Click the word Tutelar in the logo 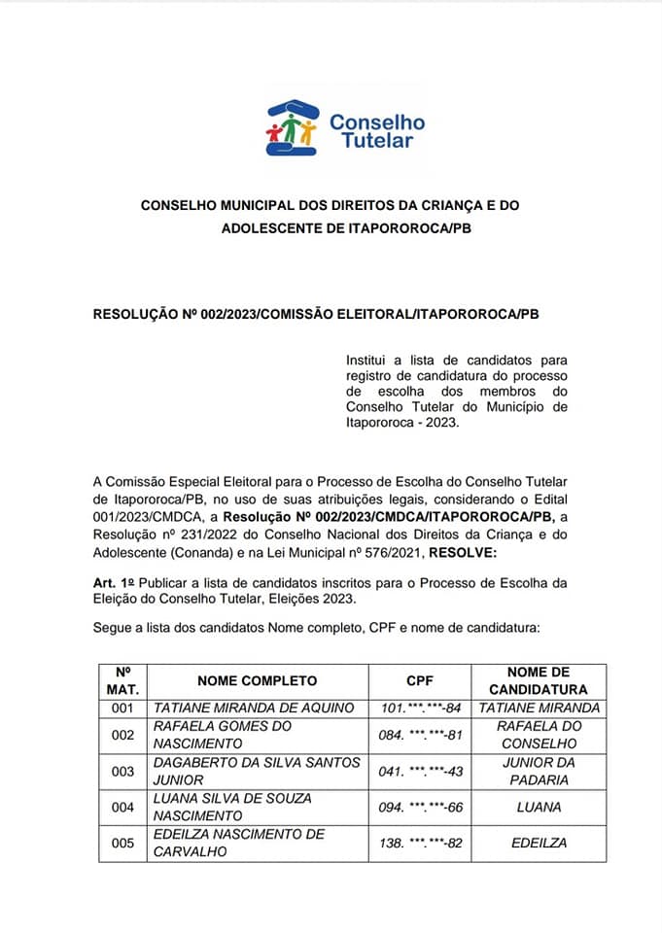pyautogui.click(x=377, y=141)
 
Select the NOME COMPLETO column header pyautogui.click(x=257, y=680)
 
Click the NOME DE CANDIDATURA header pyautogui.click(x=539, y=680)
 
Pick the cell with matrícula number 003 pyautogui.click(x=122, y=771)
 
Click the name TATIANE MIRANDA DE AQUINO pyautogui.click(x=254, y=708)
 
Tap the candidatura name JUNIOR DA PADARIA pyautogui.click(x=539, y=771)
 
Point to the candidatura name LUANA pyautogui.click(x=539, y=807)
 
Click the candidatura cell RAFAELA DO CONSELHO pyautogui.click(x=539, y=735)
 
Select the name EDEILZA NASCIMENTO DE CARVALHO pyautogui.click(x=240, y=843)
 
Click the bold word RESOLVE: pyautogui.click(x=463, y=553)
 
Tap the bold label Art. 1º pyautogui.click(x=112, y=582)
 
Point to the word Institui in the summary pyautogui.click(x=366, y=361)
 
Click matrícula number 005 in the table pyautogui.click(x=122, y=843)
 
